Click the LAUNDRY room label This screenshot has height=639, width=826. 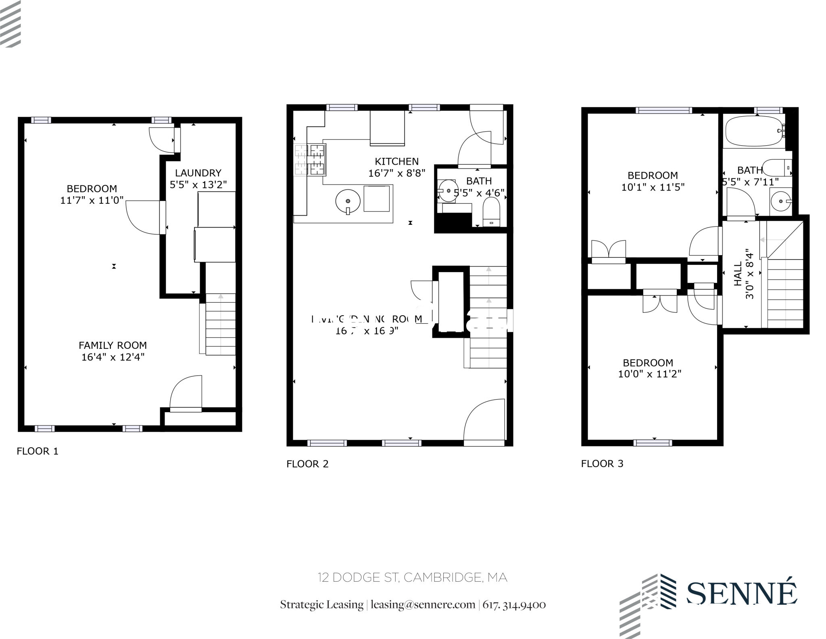tap(198, 173)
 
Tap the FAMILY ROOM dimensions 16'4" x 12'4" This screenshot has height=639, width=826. tap(113, 357)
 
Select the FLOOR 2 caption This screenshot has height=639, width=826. tap(307, 464)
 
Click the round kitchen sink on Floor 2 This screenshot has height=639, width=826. tap(348, 201)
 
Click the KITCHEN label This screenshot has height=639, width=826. tap(397, 161)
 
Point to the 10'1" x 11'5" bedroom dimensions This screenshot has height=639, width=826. tap(653, 187)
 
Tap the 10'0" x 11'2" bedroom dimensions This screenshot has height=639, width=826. tap(649, 374)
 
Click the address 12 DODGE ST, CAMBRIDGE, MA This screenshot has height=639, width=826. tap(412, 578)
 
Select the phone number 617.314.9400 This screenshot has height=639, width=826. tap(514, 605)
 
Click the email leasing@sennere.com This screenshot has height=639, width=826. tap(423, 605)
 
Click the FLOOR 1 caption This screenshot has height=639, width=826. tap(38, 451)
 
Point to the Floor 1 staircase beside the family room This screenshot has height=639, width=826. tap(220, 325)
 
